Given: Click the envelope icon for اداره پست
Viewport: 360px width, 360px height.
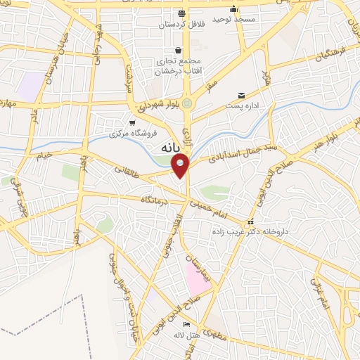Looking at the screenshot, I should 241,95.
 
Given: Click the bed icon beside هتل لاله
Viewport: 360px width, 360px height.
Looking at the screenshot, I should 186,324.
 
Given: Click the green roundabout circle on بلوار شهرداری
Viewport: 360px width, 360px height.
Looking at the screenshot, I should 187,105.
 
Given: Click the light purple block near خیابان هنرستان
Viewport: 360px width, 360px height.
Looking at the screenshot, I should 30,86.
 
